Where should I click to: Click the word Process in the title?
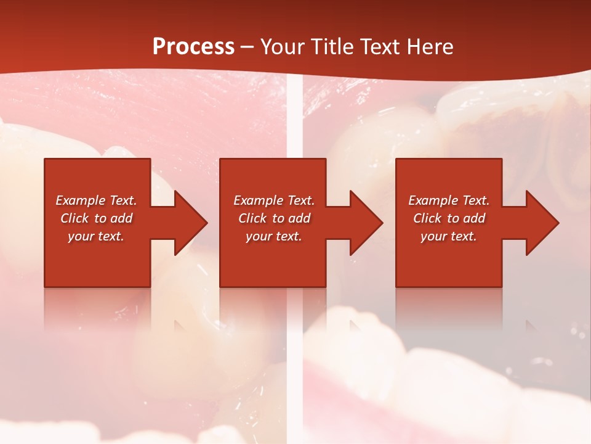(x=193, y=47)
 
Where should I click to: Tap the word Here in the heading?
(x=430, y=47)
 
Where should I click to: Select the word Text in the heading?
(x=380, y=47)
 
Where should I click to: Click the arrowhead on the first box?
(x=191, y=223)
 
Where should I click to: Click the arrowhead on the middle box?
(x=366, y=223)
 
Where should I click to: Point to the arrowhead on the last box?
(x=542, y=223)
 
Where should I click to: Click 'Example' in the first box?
(x=81, y=200)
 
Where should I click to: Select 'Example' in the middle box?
(x=259, y=200)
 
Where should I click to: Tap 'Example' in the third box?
(x=433, y=200)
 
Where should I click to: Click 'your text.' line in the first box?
(x=96, y=236)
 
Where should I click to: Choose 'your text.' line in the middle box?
(x=274, y=236)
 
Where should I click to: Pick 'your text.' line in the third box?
(x=449, y=236)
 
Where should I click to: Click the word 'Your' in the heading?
(x=282, y=47)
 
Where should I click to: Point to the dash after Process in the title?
(x=247, y=47)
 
